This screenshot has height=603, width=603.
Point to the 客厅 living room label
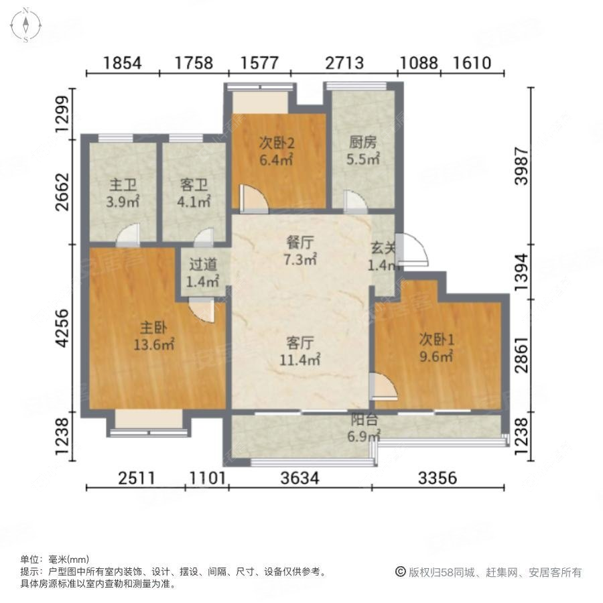[300, 343]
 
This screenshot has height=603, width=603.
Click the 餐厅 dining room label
[300, 243]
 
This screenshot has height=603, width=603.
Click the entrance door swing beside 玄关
[411, 251]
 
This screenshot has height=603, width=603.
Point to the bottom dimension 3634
[299, 478]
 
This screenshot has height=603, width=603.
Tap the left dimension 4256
[63, 328]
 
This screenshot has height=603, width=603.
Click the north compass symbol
[25, 25]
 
